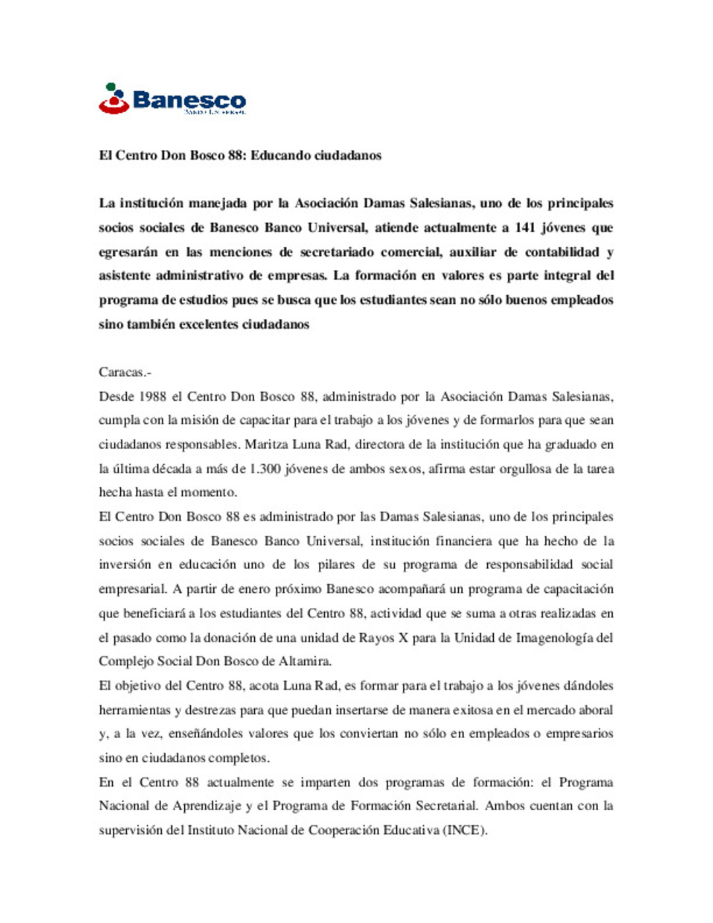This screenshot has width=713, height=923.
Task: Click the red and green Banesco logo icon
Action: point(114,99)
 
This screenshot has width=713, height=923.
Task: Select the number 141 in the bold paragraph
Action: point(525,228)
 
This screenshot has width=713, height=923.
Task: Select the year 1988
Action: point(153,397)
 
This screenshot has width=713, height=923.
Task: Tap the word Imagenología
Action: point(555,638)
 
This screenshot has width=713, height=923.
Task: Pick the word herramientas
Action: point(135,710)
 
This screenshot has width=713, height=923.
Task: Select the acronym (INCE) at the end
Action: point(465,831)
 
